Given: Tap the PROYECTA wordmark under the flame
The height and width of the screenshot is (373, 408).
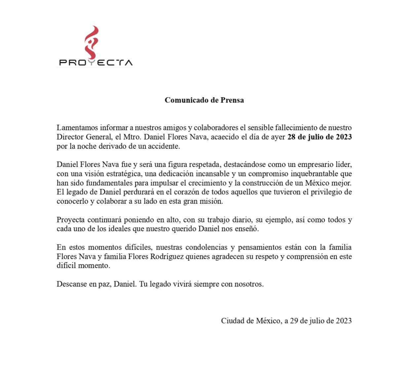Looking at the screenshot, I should pyautogui.click(x=96, y=63).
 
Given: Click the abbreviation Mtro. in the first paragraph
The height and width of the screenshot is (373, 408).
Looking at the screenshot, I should pyautogui.click(x=132, y=137).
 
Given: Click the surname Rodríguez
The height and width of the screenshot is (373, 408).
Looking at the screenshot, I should pyautogui.click(x=167, y=257).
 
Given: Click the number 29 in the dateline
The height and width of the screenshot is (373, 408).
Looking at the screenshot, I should pyautogui.click(x=294, y=321).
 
